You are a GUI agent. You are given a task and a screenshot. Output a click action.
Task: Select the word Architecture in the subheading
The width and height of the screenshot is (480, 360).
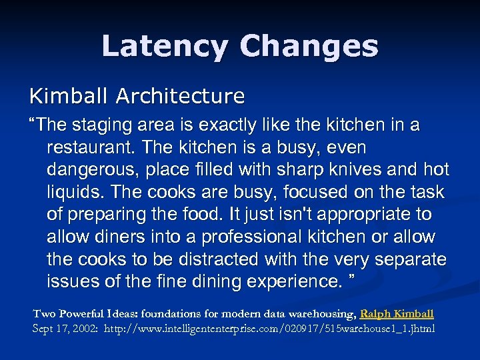pyautogui.click(x=179, y=97)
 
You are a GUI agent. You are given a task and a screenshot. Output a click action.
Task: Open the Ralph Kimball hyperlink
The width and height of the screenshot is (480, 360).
pyautogui.click(x=397, y=313)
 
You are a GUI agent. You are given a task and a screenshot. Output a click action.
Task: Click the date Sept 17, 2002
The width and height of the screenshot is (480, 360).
pyautogui.click(x=66, y=329)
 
